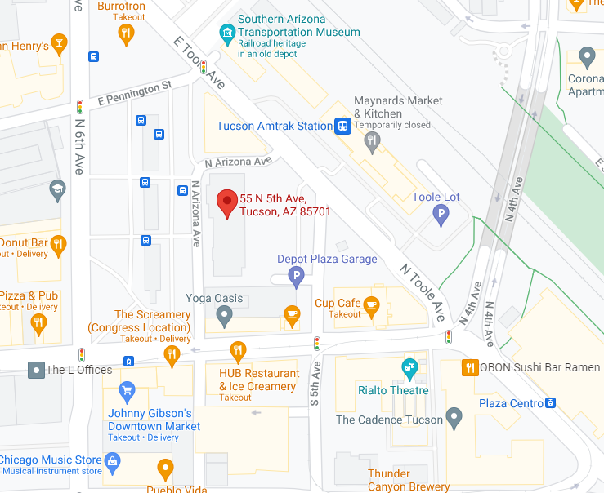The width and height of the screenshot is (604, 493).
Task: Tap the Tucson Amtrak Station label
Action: pyautogui.click(x=274, y=126)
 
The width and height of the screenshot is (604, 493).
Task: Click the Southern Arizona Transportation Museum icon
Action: pyautogui.click(x=226, y=32)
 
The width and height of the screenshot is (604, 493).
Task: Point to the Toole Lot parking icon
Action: pyautogui.click(x=441, y=215)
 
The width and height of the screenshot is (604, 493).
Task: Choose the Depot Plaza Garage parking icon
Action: pyautogui.click(x=297, y=278)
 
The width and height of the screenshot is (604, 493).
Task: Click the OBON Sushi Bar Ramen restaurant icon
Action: pyautogui.click(x=469, y=367)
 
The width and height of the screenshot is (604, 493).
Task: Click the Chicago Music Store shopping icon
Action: pyautogui.click(x=113, y=461)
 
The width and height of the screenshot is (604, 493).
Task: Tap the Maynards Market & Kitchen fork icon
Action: pyautogui.click(x=373, y=144)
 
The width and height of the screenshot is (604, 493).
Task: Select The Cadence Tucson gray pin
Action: pyautogui.click(x=454, y=420)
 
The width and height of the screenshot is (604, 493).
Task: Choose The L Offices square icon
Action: pyautogui.click(x=36, y=370)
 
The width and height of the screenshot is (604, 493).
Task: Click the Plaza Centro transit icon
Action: pyautogui.click(x=551, y=403)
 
